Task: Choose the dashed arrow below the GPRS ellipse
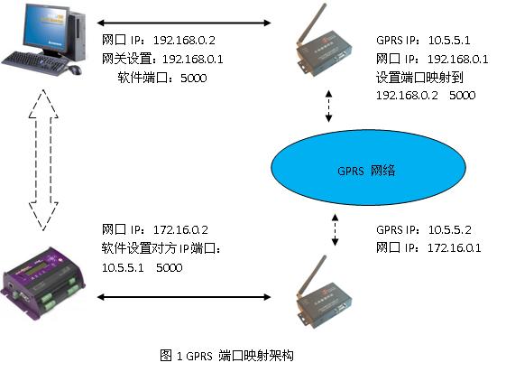(335, 229)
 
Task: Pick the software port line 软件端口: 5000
(162, 78)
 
